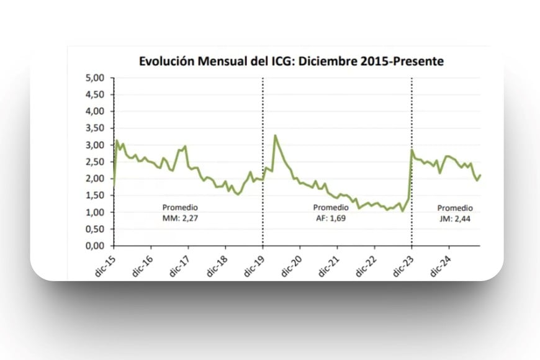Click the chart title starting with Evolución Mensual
pos(290,61)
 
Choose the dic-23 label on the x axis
pos(403,263)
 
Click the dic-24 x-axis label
pos(441,263)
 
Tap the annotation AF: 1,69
pos(330,217)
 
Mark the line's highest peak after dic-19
pos(275,135)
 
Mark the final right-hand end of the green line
pos(480,175)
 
